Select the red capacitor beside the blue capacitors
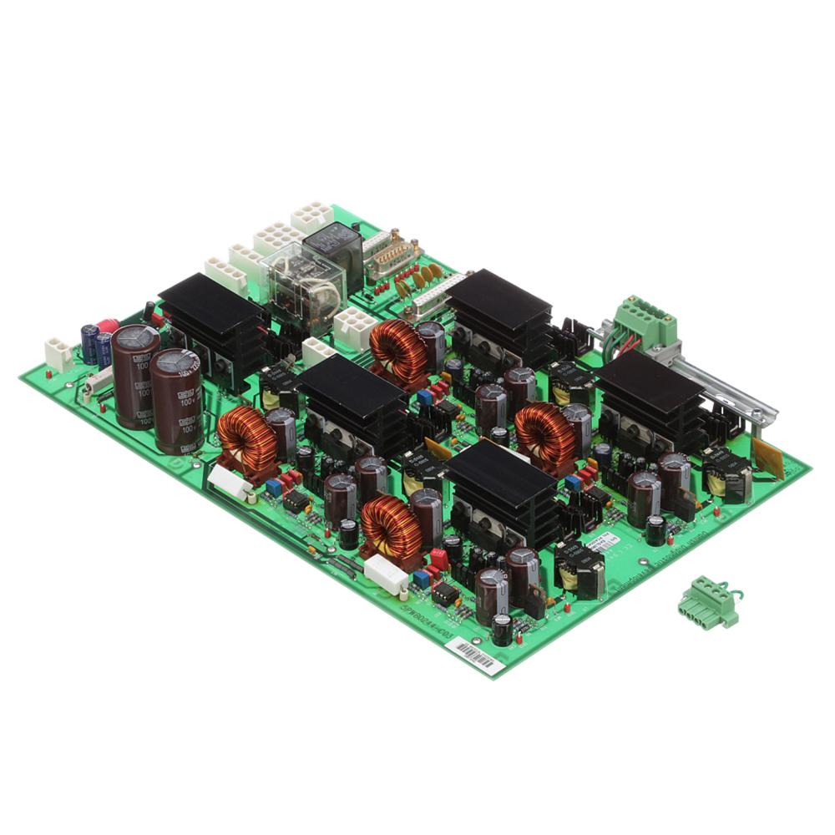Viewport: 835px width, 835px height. (x=108, y=326)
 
